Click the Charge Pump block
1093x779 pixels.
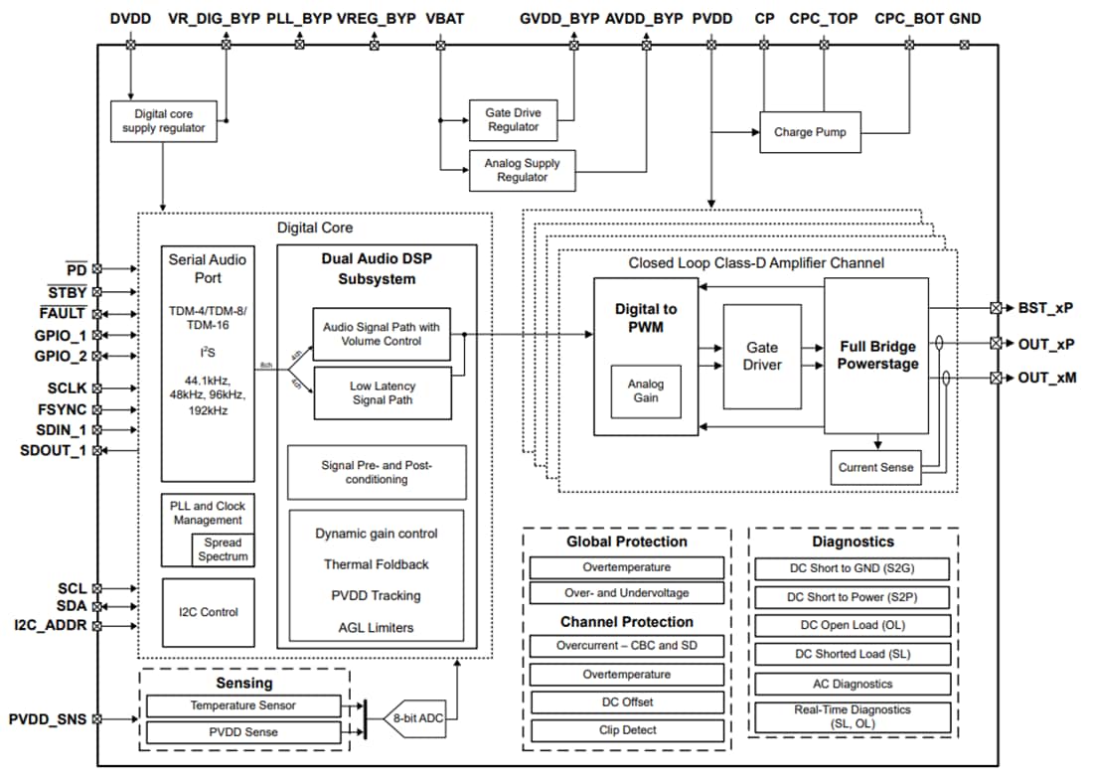click(810, 132)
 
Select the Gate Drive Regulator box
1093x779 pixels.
click(513, 120)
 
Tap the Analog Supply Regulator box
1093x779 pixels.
click(522, 170)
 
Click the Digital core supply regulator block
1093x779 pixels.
click(163, 121)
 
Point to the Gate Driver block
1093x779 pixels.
click(763, 357)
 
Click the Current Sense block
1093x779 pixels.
click(874, 467)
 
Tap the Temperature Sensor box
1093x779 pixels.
click(242, 705)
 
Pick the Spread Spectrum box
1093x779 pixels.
click(223, 549)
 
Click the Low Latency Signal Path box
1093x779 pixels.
click(382, 393)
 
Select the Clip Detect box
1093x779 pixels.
click(626, 730)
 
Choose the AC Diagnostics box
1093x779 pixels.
click(853, 684)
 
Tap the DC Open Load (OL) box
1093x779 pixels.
click(853, 626)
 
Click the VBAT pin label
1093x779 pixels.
click(444, 18)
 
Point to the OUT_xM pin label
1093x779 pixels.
click(1046, 378)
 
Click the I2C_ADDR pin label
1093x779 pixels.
click(49, 625)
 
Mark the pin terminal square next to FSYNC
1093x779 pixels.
click(97, 408)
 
